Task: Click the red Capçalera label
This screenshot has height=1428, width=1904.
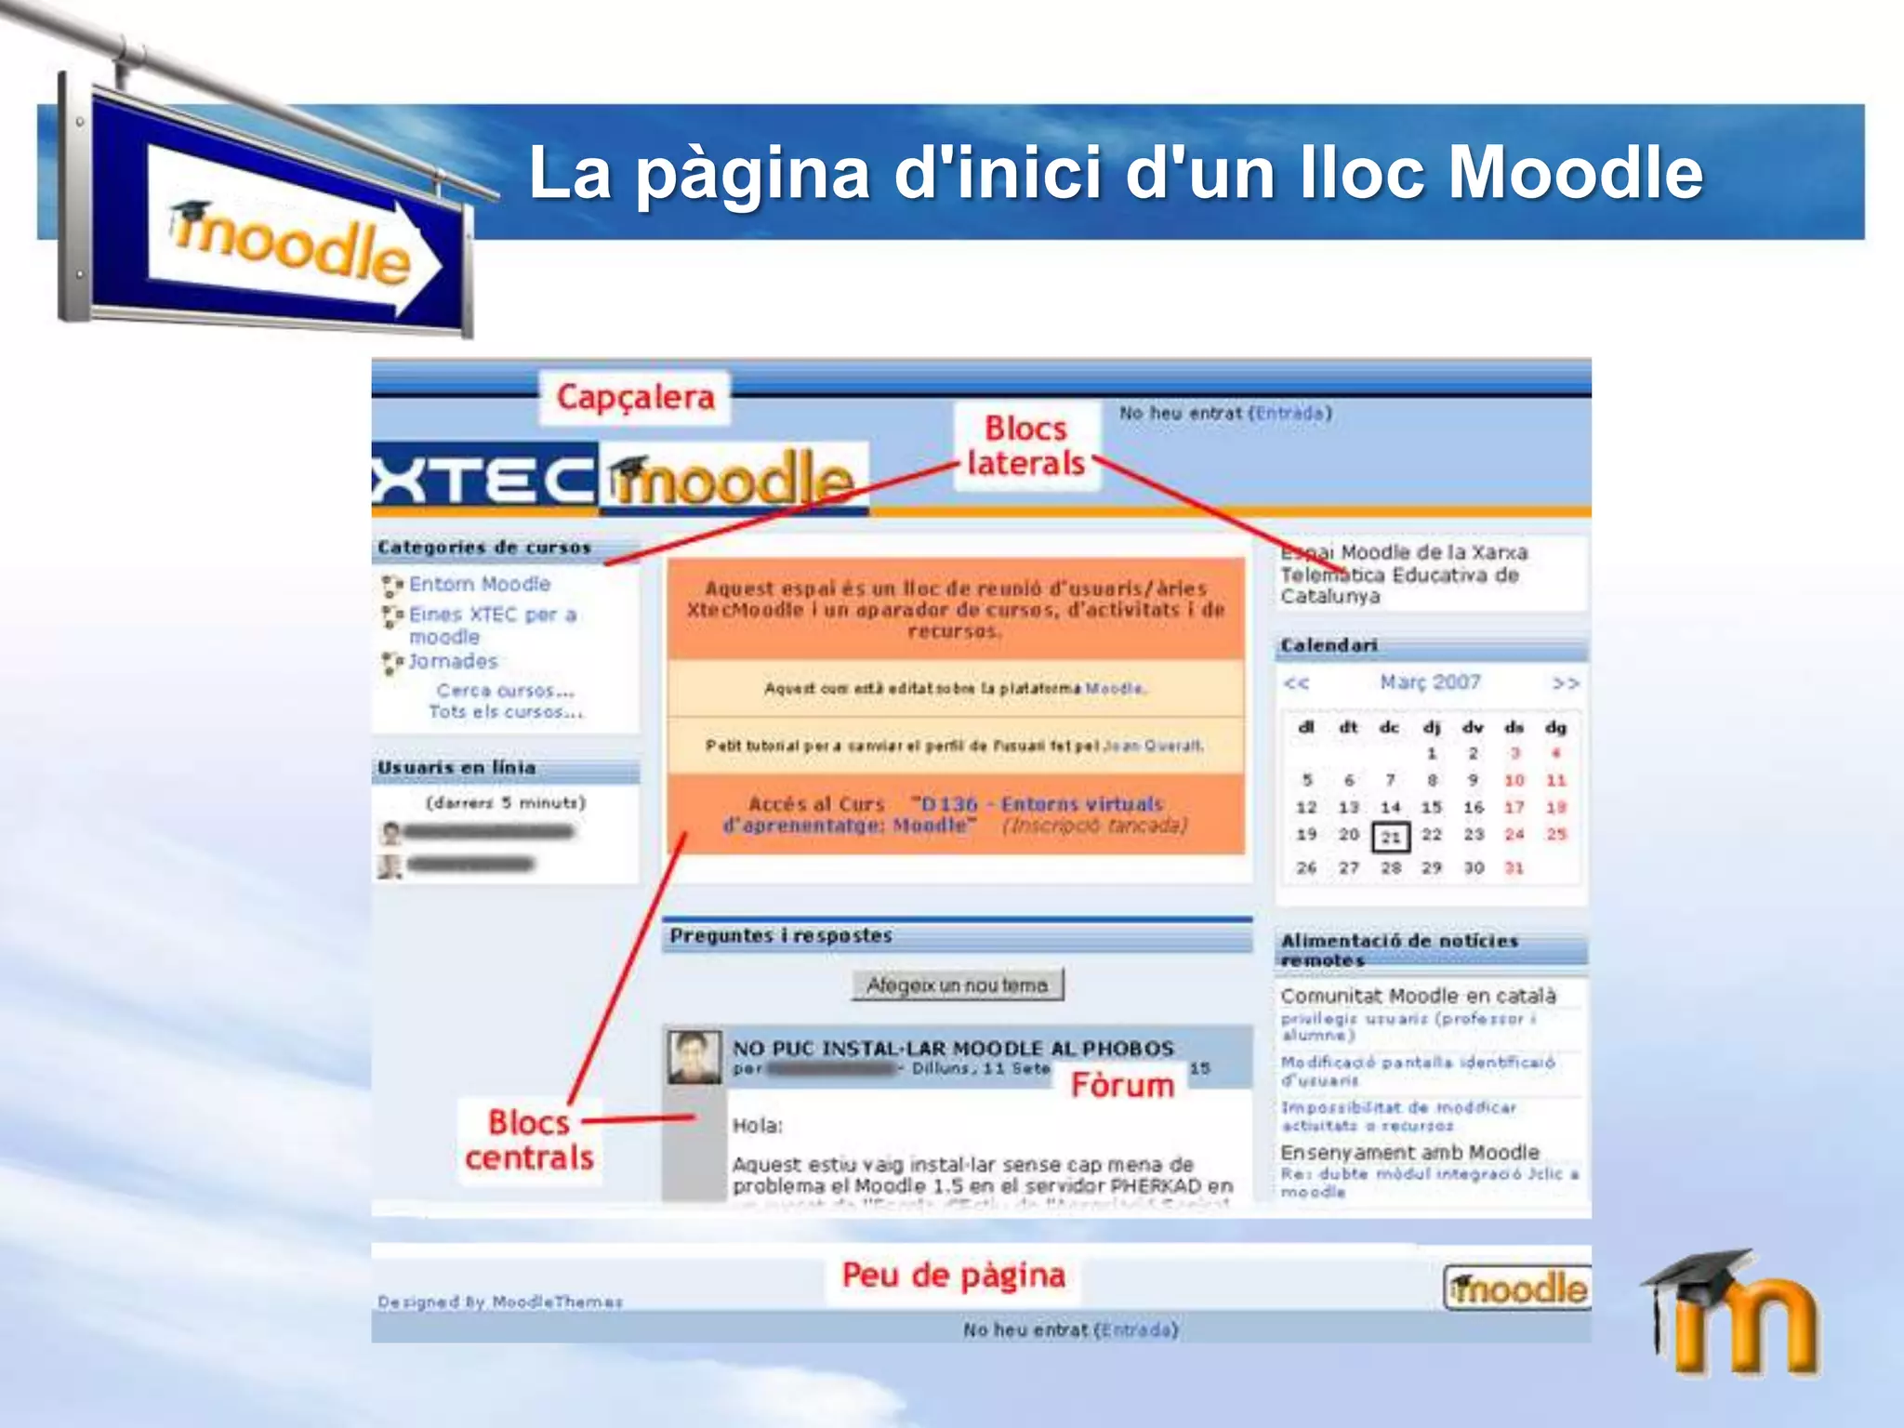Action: [635, 397]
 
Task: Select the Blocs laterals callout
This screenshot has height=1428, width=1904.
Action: [1025, 445]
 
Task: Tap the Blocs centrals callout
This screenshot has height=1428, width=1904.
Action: [529, 1140]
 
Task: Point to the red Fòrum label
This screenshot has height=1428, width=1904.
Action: [1122, 1085]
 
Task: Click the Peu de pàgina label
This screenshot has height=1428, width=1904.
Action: [953, 1275]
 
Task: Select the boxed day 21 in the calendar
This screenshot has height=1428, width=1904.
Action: [1391, 837]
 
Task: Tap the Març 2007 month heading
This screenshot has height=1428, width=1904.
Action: [1430, 682]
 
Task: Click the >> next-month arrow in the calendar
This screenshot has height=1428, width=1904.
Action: [1566, 683]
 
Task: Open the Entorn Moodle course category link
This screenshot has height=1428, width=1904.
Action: [480, 584]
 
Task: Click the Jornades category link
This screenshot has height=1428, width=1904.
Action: [454, 661]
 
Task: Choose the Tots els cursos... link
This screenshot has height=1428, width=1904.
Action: [506, 712]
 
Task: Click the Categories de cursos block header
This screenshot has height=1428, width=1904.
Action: [484, 548]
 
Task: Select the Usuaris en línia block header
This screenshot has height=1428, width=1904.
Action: [456, 768]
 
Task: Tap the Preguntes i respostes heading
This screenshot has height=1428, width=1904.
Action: [781, 935]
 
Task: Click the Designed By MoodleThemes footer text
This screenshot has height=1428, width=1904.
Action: [500, 1302]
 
